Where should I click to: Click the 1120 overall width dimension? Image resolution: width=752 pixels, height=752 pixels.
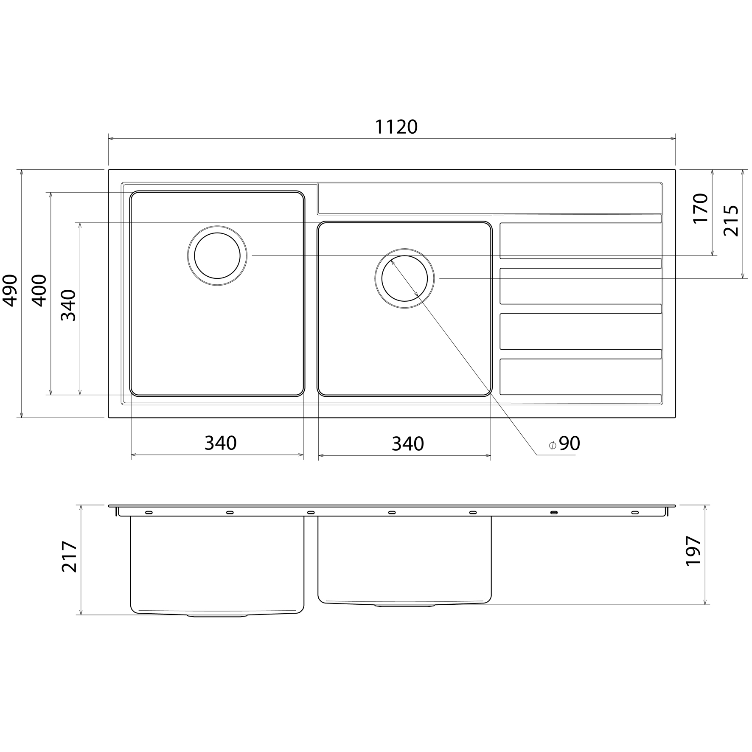click(x=396, y=127)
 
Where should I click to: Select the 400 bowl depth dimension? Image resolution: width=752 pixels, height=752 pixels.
click(x=40, y=290)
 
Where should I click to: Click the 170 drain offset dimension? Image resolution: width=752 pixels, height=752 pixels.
click(x=701, y=208)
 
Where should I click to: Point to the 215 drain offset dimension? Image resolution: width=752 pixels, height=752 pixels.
click(x=731, y=221)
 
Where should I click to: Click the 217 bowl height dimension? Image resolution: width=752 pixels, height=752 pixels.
click(x=70, y=557)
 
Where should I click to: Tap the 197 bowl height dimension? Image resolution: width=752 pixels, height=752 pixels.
click(x=693, y=550)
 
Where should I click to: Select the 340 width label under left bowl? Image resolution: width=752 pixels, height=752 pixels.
click(x=220, y=443)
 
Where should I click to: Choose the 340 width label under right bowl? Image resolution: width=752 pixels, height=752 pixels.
click(x=407, y=444)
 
